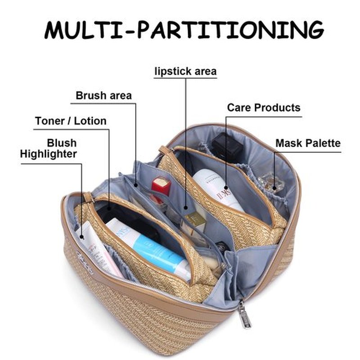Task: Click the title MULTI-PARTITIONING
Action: [x=184, y=30]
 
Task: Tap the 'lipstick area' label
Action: [x=185, y=72]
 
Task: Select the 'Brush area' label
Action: [x=103, y=95]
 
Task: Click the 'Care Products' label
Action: [x=264, y=108]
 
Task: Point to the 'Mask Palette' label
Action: [x=308, y=143]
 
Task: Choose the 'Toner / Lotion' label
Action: [x=71, y=121]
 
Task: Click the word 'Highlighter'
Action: [x=48, y=154]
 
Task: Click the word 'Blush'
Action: [x=62, y=143]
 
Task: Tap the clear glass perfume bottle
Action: [x=271, y=183]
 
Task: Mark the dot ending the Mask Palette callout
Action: [x=274, y=188]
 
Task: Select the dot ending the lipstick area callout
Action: [x=186, y=208]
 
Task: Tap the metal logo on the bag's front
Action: [x=85, y=262]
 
